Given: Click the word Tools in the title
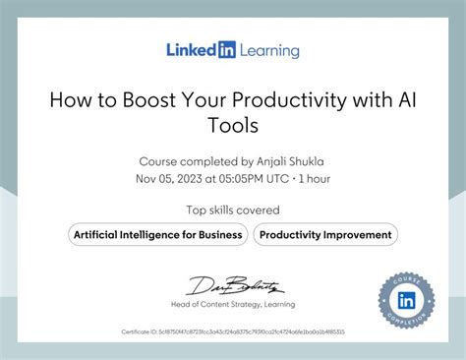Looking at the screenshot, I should [232, 125].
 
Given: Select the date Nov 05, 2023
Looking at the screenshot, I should [169, 178].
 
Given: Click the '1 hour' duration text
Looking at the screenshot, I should [313, 178].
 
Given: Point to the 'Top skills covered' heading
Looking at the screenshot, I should [233, 210].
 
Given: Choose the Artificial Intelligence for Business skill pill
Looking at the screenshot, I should [157, 234].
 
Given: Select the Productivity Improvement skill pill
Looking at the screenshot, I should [325, 234].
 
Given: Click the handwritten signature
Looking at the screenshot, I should [235, 288].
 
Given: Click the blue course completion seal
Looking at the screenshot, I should [405, 299].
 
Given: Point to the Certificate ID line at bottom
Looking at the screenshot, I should [233, 332].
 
